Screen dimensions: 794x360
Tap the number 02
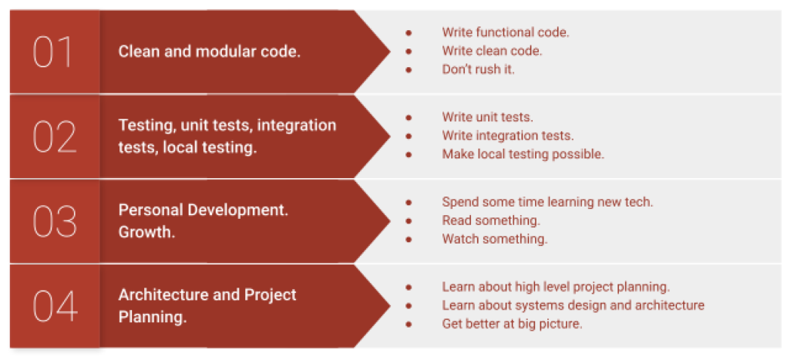point(55,136)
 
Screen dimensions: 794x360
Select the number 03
point(55,222)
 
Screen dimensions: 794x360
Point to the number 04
point(56,306)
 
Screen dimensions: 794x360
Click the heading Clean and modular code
point(209,52)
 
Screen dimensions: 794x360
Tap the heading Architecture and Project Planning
point(207,306)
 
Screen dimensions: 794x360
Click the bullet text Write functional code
point(506,32)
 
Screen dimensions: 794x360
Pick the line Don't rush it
point(478,69)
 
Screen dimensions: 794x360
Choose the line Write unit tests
point(487,117)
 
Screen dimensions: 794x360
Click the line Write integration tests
point(508,136)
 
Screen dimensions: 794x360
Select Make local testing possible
point(523,154)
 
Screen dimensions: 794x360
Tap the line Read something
point(491,220)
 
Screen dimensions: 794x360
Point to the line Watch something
point(495,239)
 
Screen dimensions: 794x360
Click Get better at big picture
point(512,324)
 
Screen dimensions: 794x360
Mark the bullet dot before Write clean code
point(409,51)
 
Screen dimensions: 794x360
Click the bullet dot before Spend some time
point(409,202)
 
